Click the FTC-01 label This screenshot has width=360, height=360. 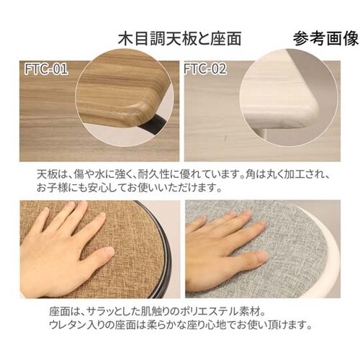click(46, 69)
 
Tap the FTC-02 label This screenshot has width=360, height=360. click(205, 69)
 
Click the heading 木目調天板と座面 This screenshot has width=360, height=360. click(179, 39)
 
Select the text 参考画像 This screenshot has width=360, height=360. click(325, 38)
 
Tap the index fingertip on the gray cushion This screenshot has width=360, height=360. click(260, 225)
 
